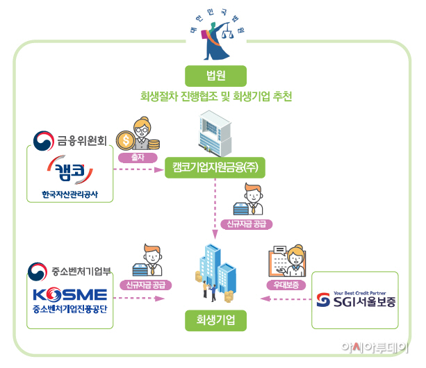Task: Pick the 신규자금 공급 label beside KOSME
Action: [x=145, y=285]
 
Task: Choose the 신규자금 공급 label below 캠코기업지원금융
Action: [x=247, y=225]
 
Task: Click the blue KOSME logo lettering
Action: [x=70, y=292]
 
